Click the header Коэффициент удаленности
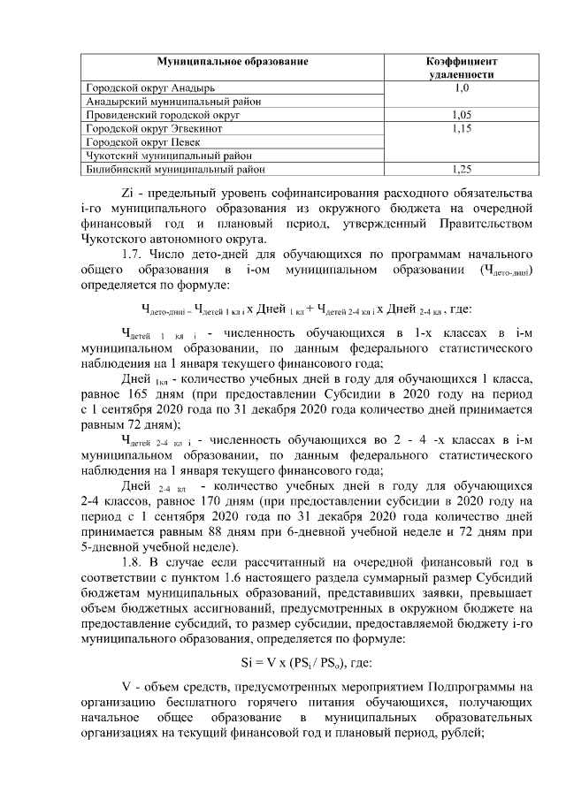[x=461, y=69]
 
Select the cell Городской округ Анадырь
[x=149, y=88]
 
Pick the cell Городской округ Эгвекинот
[x=154, y=127]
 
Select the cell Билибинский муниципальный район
[x=173, y=166]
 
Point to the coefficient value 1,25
[x=461, y=166]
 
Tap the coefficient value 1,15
[x=461, y=128]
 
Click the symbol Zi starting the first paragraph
[x=126, y=193]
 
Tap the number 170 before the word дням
[x=210, y=501]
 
